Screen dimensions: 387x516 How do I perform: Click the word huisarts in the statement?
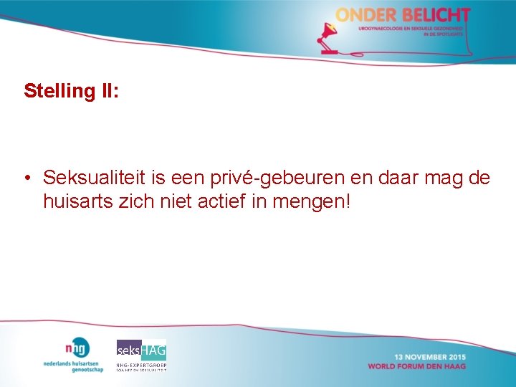pyautogui.click(x=78, y=201)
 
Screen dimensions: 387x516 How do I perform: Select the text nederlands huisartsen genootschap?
pyautogui.click(x=73, y=365)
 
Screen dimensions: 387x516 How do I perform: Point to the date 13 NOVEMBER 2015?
pyautogui.click(x=429, y=357)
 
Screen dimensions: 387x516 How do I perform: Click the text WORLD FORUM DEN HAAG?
pyautogui.click(x=416, y=366)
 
